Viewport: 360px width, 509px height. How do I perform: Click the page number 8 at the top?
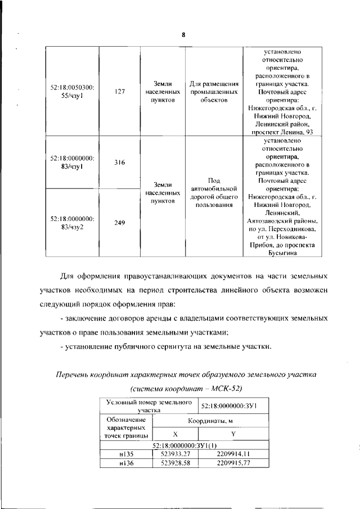tap(183, 35)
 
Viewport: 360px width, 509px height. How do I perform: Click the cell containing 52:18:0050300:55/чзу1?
tap(72, 92)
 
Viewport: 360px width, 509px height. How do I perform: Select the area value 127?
tap(119, 92)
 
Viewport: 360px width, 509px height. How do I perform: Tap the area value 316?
tap(119, 163)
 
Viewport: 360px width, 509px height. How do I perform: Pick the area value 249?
tap(119, 223)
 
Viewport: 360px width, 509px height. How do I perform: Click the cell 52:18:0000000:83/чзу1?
tap(72, 163)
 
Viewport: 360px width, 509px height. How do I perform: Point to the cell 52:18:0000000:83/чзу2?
tap(72, 223)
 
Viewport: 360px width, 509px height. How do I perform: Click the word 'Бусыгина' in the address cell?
tap(280, 253)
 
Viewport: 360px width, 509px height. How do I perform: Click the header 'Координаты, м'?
tap(203, 421)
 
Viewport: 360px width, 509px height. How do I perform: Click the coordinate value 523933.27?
tap(175, 453)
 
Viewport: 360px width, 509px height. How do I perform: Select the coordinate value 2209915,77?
tap(233, 462)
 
